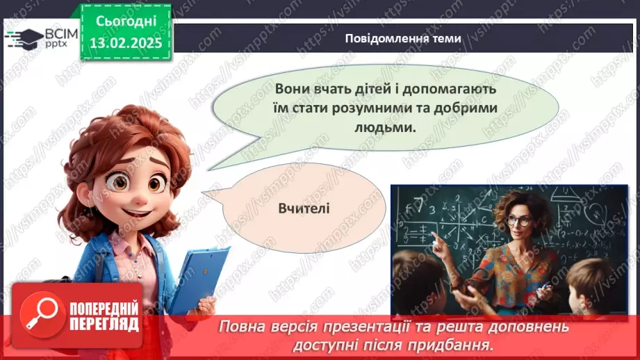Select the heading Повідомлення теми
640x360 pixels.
(403, 38)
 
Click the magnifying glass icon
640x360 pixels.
(40, 312)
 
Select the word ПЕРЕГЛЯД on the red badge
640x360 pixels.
(104, 325)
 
